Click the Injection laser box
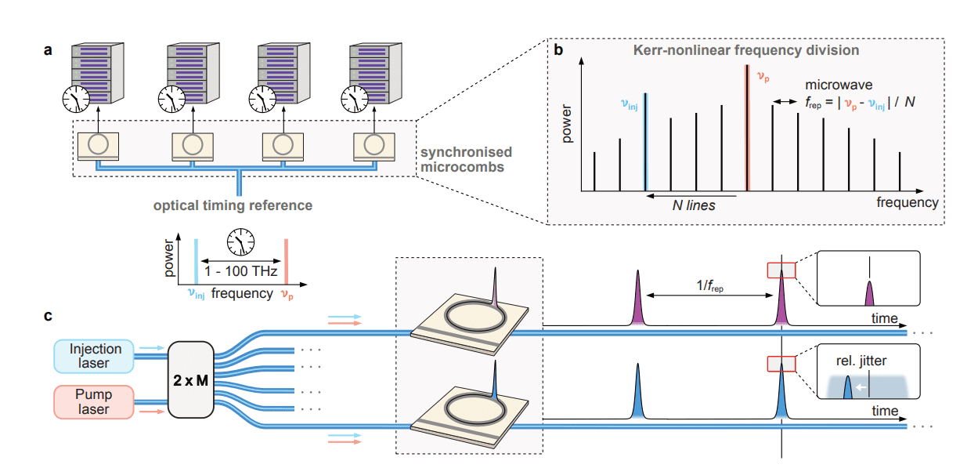[95, 356]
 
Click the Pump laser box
[95, 401]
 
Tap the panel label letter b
[558, 50]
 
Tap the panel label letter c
[49, 316]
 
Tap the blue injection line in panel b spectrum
[645, 141]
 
